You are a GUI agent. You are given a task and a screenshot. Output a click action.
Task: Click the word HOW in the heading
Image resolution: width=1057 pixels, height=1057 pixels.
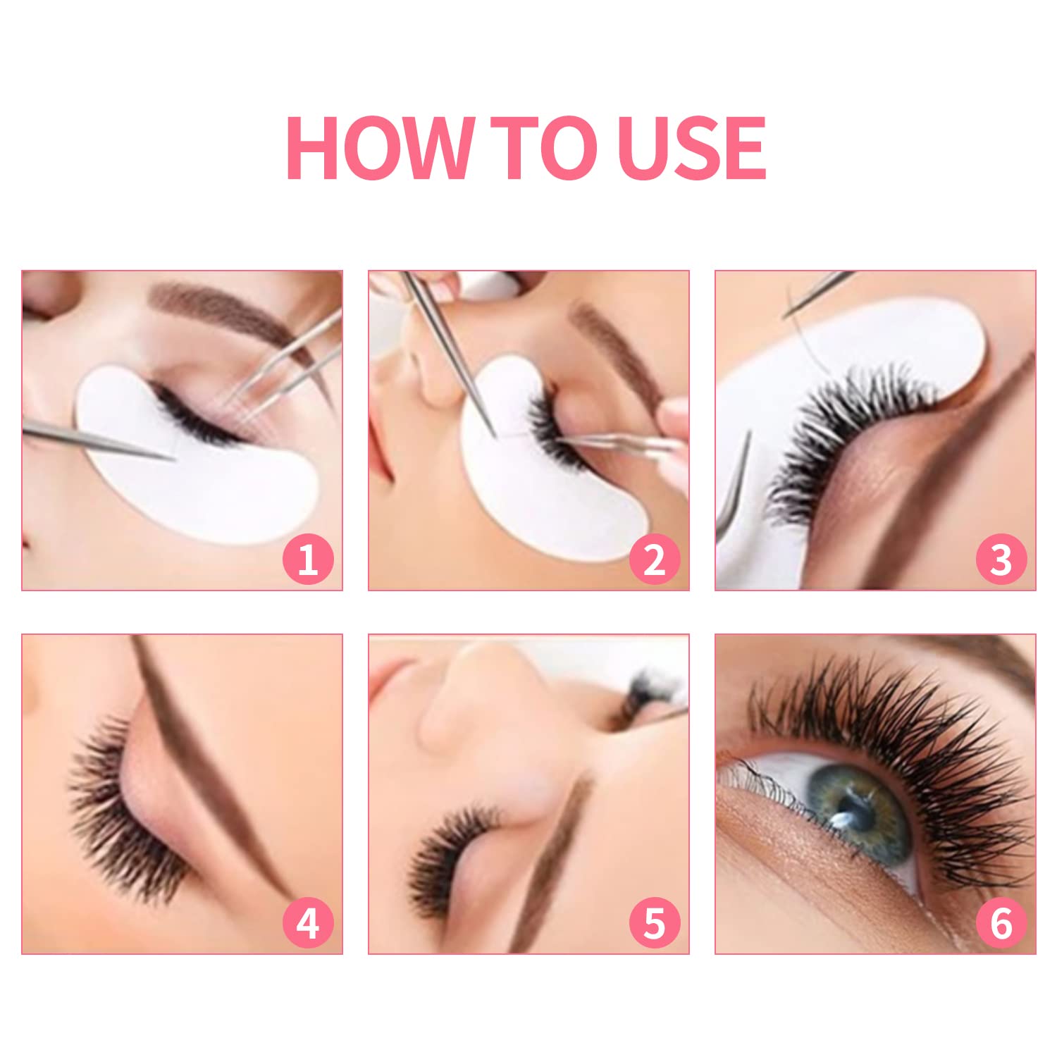(x=377, y=149)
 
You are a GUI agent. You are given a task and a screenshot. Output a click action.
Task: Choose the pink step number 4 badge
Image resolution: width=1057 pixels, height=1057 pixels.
(x=308, y=923)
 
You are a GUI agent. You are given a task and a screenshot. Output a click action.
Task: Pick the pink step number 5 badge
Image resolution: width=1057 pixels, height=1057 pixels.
(x=655, y=923)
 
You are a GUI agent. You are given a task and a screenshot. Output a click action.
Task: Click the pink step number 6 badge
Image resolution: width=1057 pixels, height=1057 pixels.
(x=1001, y=923)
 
